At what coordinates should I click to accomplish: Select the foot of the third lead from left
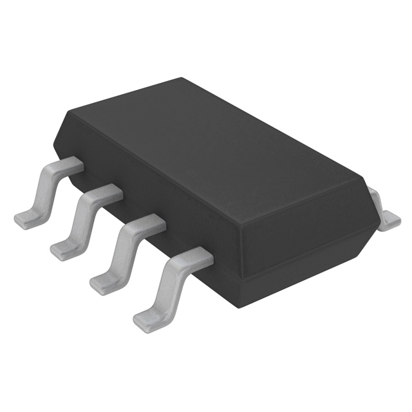click(103, 281)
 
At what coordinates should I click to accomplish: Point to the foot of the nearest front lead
click(147, 315)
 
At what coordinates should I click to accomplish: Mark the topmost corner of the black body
click(182, 79)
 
